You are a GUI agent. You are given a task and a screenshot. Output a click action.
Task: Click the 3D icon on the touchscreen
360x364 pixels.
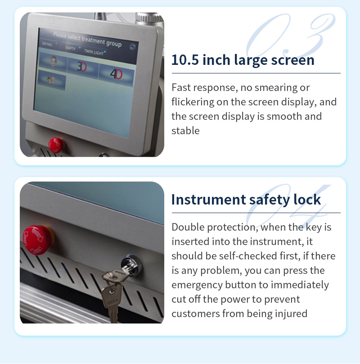coord(82,66)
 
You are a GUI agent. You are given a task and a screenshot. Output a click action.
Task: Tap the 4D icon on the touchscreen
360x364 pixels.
coord(116,73)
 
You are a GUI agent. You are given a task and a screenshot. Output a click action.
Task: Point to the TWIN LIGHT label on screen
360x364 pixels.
coord(94,53)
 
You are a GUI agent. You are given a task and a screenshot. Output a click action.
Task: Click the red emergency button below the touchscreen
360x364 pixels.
coord(56,144)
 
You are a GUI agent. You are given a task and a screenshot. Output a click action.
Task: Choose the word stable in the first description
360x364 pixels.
coord(185,131)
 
